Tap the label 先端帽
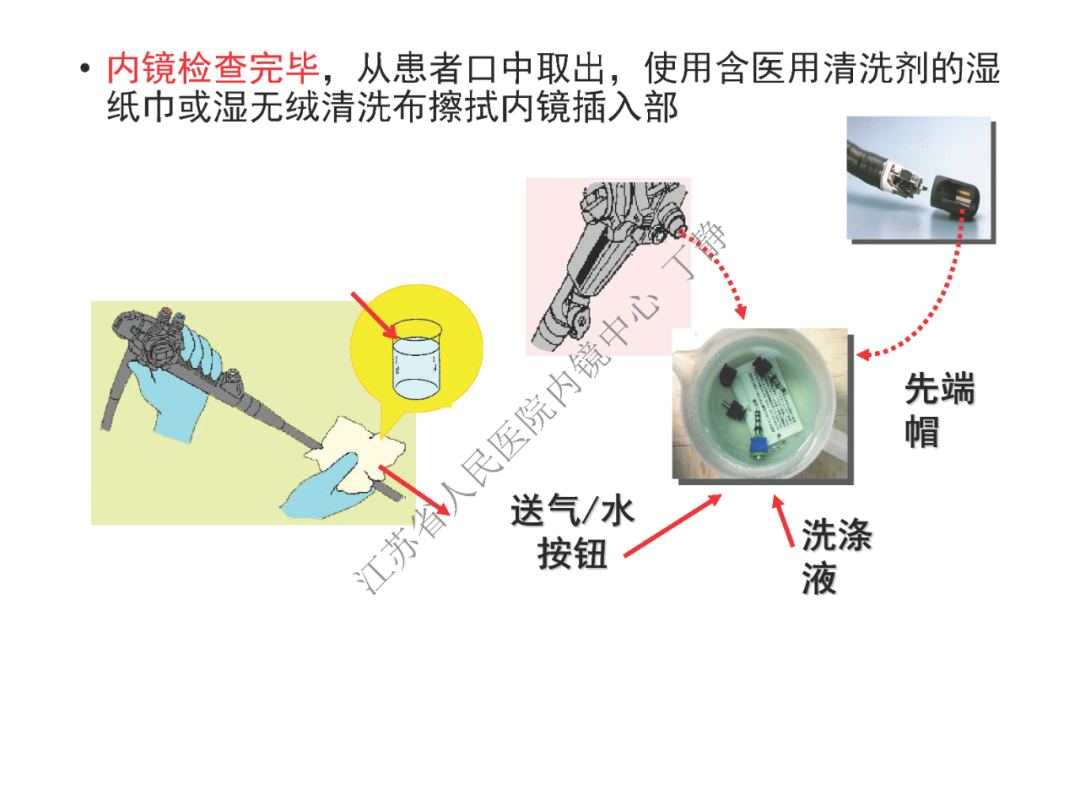pos(938,410)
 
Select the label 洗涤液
pos(835,556)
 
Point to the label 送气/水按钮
pos(572,532)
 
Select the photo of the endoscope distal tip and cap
pos(919,178)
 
